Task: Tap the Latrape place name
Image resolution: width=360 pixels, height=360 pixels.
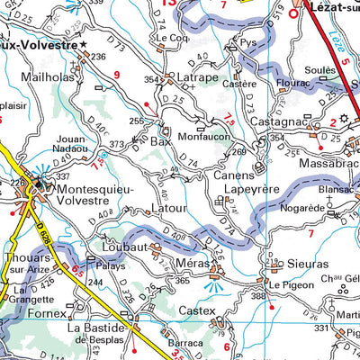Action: click(x=198, y=77)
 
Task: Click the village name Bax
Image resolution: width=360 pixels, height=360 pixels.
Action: click(x=161, y=141)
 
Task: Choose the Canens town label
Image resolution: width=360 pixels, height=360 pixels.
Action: click(x=233, y=175)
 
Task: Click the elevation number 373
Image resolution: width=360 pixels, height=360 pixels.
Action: click(x=116, y=144)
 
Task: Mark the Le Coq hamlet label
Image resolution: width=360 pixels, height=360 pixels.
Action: click(x=170, y=38)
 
